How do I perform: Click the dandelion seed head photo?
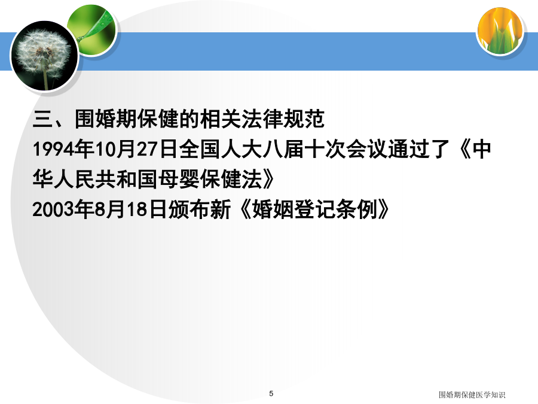44,56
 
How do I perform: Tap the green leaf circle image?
91,30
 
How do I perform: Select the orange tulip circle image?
500,31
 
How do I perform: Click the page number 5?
271,393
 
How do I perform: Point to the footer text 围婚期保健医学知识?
472,395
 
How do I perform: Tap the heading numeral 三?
43,119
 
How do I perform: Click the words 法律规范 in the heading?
283,119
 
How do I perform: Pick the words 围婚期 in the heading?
106,119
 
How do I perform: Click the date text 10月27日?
136,150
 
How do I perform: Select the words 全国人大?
220,150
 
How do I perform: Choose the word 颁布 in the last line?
189,209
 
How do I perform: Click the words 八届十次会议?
325,150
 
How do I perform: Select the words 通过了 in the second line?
419,150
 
